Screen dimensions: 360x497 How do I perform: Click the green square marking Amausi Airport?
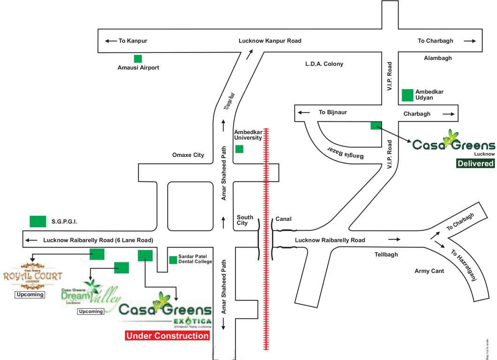coord(138,59)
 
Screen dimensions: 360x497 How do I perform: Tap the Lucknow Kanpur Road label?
coord(270,41)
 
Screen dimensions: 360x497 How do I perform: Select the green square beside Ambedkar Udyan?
coord(407,95)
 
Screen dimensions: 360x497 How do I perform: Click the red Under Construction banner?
coord(167,336)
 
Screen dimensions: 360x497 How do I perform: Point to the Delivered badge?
coord(476,164)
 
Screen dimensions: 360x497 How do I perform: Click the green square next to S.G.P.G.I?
coord(38,221)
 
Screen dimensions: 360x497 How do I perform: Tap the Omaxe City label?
coord(188,155)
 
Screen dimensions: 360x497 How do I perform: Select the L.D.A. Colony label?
coord(324,64)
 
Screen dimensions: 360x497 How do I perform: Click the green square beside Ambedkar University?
coord(239,149)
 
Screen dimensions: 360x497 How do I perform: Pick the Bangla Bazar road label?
coord(345,153)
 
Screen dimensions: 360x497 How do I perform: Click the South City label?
coord(245,220)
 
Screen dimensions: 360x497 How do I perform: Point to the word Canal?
coord(284,219)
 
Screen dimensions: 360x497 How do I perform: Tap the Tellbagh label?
coord(386,255)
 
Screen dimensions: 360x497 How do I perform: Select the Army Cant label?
coord(429,271)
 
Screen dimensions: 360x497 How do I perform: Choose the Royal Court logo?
coord(32,277)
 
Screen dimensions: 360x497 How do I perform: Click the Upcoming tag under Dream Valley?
coord(91,311)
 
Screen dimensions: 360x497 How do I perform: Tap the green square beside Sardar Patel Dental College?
coord(173,260)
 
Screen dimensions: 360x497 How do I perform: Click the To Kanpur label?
coord(133,41)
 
